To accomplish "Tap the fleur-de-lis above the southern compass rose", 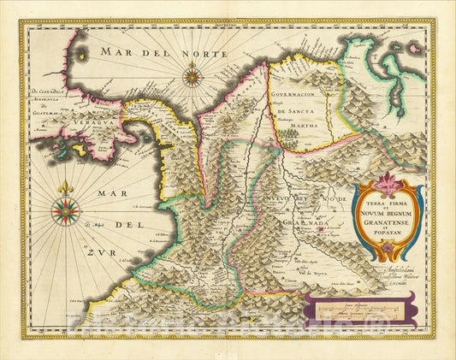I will point(66,187).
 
